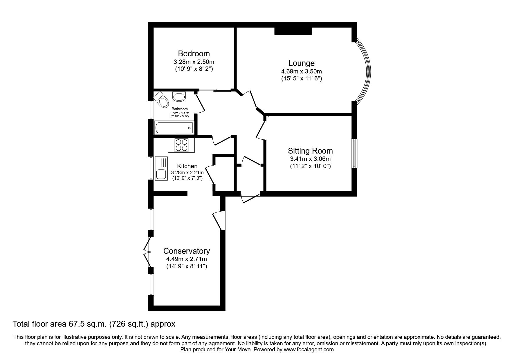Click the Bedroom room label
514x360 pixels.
[194, 54]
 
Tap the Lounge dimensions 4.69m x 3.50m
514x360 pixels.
[301, 71]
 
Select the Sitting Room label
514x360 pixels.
[310, 151]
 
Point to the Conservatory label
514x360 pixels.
[186, 251]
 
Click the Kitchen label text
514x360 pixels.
[187, 166]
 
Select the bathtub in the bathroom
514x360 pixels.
[174, 128]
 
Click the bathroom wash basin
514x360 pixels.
[179, 96]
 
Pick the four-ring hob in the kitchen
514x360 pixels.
[181, 145]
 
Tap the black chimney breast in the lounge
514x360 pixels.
[293, 30]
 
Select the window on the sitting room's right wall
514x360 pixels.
[354, 153]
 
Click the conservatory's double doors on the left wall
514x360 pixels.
[148, 252]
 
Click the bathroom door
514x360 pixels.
[200, 103]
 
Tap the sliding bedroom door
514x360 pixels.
[215, 90]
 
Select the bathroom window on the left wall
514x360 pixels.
[151, 109]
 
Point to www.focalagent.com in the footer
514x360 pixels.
[309, 350]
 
